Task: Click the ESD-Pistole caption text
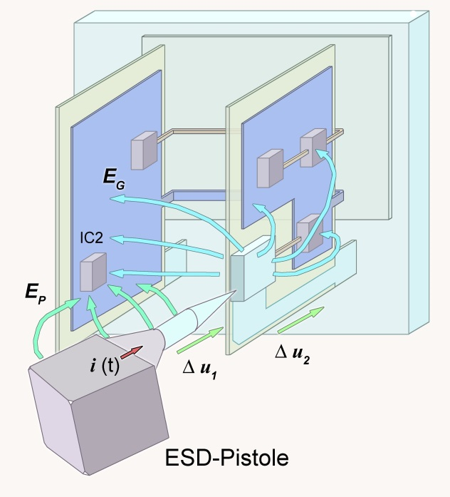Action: pos(226,458)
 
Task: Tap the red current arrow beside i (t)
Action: pos(131,352)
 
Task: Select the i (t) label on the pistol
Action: pos(105,366)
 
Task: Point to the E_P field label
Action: pos(36,294)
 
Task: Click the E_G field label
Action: pos(114,180)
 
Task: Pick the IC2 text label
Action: pos(91,237)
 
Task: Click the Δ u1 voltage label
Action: pos(199,370)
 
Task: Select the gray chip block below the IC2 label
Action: pos(93,272)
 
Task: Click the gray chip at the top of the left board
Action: pos(144,150)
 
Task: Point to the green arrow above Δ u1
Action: pos(200,340)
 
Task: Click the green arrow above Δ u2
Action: pos(301,320)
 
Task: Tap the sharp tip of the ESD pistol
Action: pos(236,291)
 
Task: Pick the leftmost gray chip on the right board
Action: pos(270,168)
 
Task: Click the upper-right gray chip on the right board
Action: pos(313,148)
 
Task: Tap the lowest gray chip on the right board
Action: pos(310,233)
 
